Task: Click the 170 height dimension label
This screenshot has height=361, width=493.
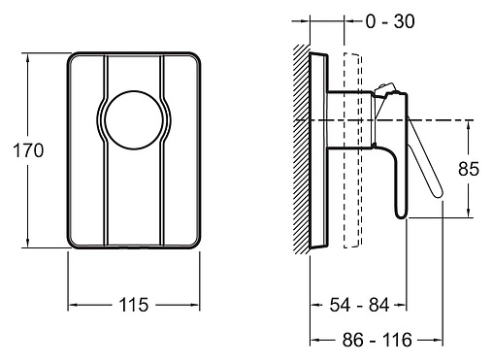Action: [x=28, y=150]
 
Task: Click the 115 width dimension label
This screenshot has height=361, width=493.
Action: [x=134, y=305]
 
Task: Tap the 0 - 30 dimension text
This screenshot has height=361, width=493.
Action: [x=390, y=21]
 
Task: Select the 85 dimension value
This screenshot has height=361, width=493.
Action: [x=469, y=169]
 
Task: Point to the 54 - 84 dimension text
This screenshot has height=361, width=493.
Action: [x=359, y=305]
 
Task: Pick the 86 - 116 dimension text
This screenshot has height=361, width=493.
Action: [x=378, y=340]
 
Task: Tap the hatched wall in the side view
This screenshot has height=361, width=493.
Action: [x=302, y=148]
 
